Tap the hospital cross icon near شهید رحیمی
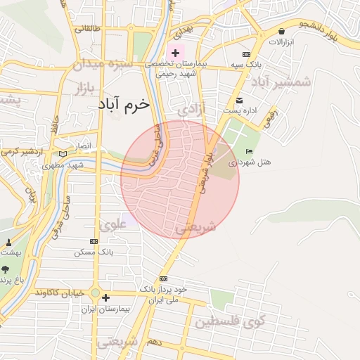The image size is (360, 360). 174,53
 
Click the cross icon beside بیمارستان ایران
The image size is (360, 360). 105,297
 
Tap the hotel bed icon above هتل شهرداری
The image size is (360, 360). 248,151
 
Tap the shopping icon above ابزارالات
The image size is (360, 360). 282,32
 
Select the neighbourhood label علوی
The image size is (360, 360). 113,225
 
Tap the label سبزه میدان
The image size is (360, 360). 102,64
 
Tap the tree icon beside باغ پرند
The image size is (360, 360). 6,269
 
